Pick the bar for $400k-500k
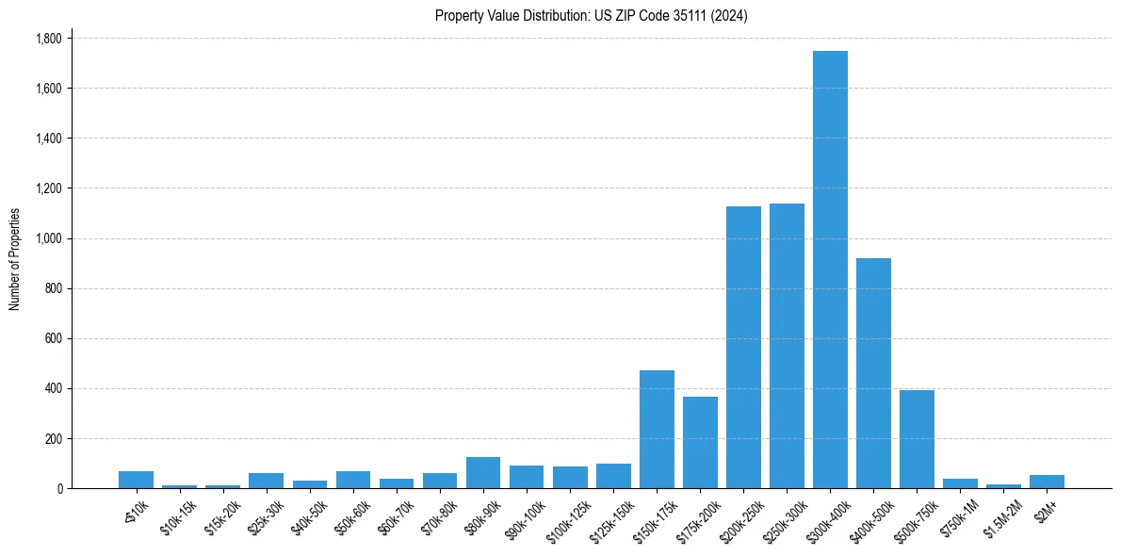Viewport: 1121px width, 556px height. click(873, 373)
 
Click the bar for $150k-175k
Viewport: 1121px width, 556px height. click(657, 429)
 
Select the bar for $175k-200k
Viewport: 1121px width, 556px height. click(700, 442)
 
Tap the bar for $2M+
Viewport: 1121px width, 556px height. click(1047, 482)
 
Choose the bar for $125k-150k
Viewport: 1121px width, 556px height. click(613, 476)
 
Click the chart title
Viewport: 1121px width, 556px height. click(592, 16)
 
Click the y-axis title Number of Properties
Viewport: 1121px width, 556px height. click(15, 259)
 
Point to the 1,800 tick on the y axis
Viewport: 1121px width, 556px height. click(48, 39)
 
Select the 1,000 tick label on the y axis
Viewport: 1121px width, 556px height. click(48, 238)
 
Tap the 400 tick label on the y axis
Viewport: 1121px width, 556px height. click(53, 388)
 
